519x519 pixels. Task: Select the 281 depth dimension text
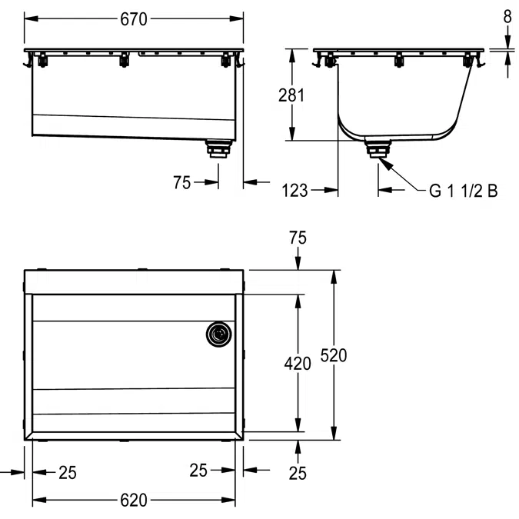pyautogui.click(x=291, y=95)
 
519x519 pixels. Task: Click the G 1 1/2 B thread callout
pyautogui.click(x=463, y=191)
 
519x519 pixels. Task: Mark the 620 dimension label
pyautogui.click(x=134, y=501)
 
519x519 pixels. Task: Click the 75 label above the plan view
pyautogui.click(x=298, y=238)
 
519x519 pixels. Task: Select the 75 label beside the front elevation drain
pyautogui.click(x=182, y=182)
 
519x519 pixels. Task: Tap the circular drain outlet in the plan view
pyautogui.click(x=218, y=334)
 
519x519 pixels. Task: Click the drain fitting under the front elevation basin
pyautogui.click(x=219, y=147)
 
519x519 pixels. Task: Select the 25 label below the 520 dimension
pyautogui.click(x=298, y=473)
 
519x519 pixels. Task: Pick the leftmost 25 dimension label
pyautogui.click(x=68, y=473)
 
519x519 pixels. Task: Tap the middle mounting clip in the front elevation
pyautogui.click(x=123, y=60)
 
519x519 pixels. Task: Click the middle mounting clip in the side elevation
pyautogui.click(x=399, y=60)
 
